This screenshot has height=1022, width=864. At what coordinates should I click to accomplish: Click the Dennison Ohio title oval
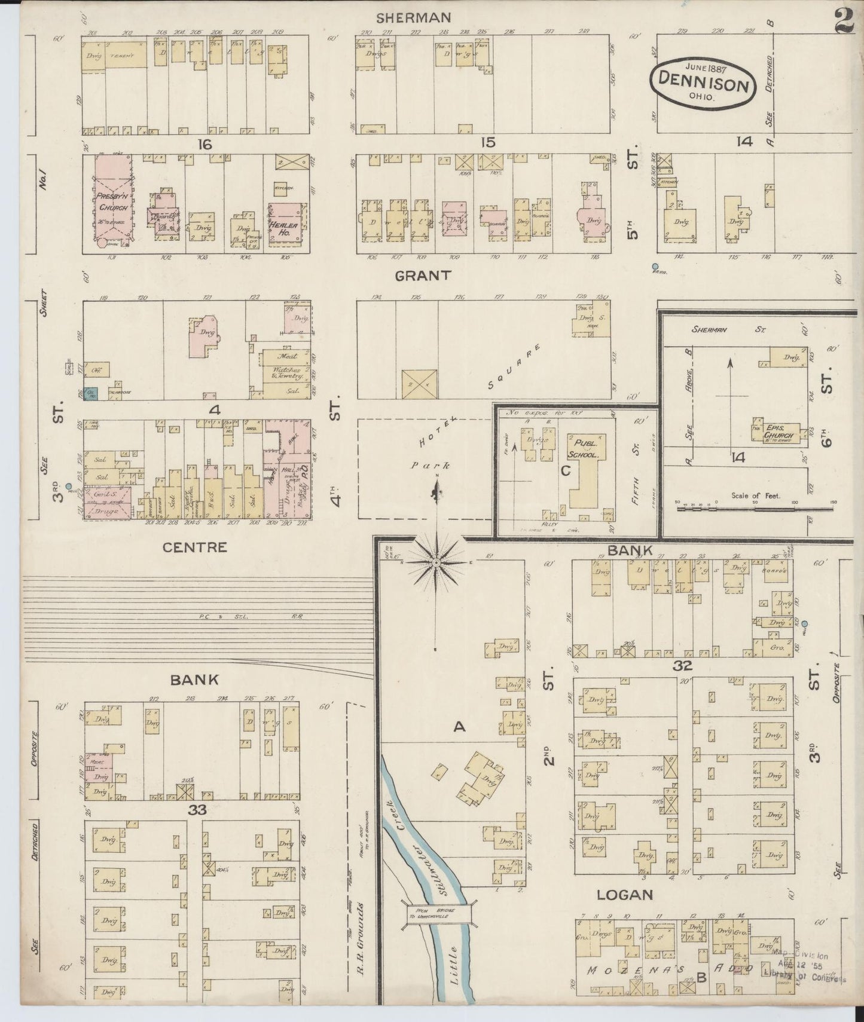click(704, 83)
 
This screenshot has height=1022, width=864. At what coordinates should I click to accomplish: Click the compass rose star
click(436, 562)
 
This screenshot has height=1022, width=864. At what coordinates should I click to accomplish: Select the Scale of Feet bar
click(755, 509)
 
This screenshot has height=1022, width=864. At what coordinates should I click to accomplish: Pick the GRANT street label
click(422, 275)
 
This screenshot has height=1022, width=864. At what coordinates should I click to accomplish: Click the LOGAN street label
click(624, 895)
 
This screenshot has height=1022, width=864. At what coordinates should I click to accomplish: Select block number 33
click(197, 811)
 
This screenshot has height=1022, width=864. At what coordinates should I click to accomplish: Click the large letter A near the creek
click(459, 726)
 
